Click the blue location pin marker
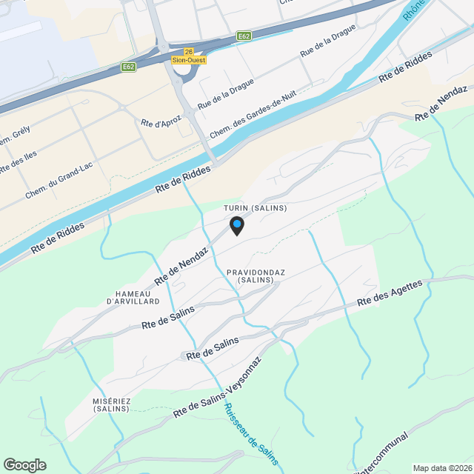[x=236, y=224]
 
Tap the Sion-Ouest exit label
[x=189, y=61]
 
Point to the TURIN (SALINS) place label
[x=255, y=209]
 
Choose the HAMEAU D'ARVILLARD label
[x=133, y=297]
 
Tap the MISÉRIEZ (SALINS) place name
[x=112, y=405]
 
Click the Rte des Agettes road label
[x=390, y=293]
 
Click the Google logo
[x=24, y=464]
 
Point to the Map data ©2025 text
[x=442, y=467]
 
